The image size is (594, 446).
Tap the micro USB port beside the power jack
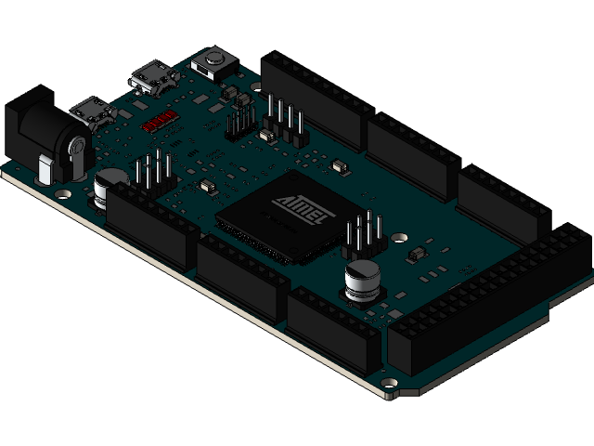93,111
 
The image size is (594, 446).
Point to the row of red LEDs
160,120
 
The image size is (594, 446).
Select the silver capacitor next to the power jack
110,185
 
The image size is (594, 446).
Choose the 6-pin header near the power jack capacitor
154,174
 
